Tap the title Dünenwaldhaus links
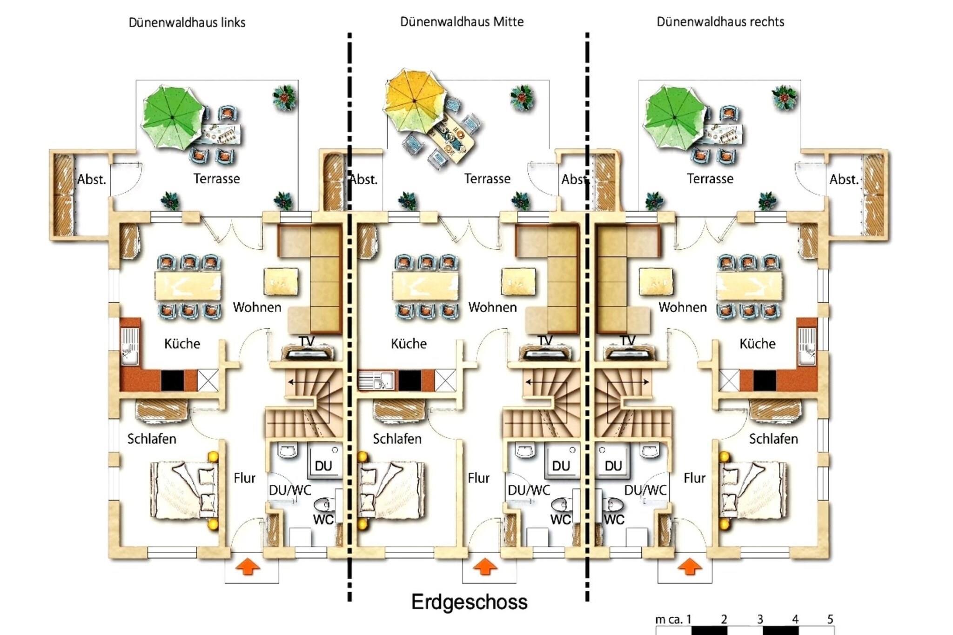point(187,22)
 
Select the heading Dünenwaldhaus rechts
point(720,21)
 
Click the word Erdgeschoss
point(469,602)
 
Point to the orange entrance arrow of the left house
point(248,567)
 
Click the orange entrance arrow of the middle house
point(485,567)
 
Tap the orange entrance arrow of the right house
point(690,567)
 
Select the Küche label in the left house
point(182,344)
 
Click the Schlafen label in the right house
point(773,439)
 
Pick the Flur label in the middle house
point(479,478)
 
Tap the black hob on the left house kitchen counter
point(173,380)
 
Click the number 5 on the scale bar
point(830,619)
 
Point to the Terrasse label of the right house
point(710,179)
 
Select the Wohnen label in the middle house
point(492,307)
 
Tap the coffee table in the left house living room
point(281,281)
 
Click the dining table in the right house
point(749,285)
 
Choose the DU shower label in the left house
point(323,466)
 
